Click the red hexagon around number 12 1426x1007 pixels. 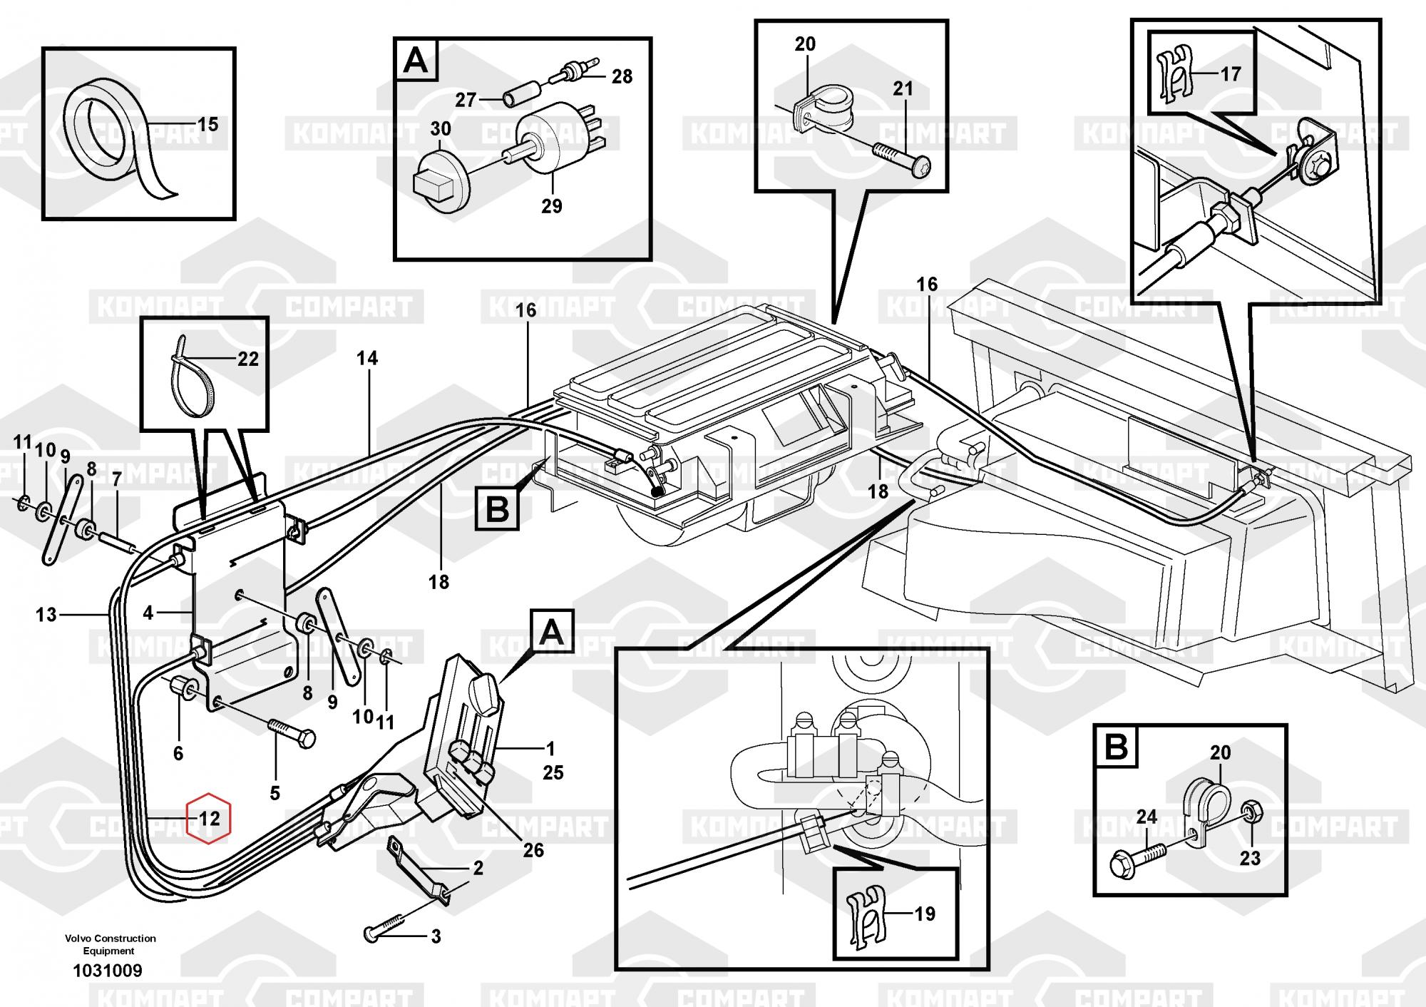208,817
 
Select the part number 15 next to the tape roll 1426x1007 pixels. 207,125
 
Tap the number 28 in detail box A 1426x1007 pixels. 622,76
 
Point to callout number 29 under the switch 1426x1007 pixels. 551,206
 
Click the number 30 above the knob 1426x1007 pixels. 440,129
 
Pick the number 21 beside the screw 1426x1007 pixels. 903,89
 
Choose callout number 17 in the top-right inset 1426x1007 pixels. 1231,73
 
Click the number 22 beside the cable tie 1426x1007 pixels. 247,359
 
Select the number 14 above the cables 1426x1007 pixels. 367,358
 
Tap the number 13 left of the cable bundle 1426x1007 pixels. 46,615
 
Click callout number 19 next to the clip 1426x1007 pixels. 925,914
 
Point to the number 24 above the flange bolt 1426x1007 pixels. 1147,817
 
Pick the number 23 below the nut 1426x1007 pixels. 1250,858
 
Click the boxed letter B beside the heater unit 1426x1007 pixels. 497,510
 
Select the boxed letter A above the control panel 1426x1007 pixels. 551,633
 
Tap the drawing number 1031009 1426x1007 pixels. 108,971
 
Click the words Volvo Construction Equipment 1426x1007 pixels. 110,944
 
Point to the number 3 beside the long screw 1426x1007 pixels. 436,936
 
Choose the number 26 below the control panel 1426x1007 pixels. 533,850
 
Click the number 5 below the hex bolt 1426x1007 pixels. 275,793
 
